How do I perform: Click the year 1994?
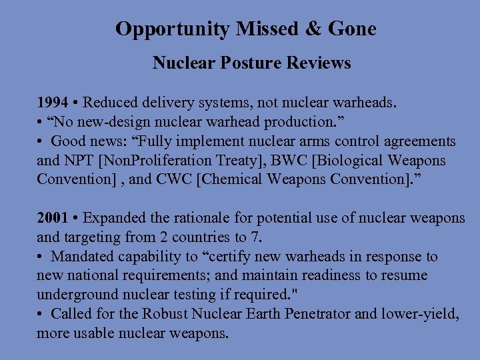coord(52,103)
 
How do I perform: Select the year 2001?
coord(52,218)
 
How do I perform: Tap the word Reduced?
coord(111,103)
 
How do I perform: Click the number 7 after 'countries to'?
coord(256,237)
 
